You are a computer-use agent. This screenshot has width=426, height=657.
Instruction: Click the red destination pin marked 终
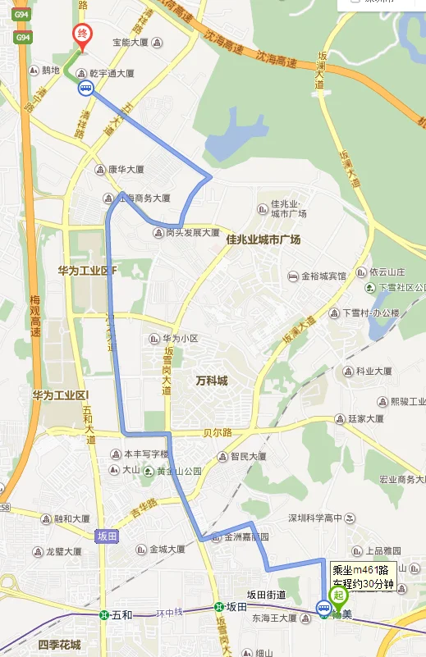[82, 35]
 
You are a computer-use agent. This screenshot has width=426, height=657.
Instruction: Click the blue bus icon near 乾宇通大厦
[85, 89]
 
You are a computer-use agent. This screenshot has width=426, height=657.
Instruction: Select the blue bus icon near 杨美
[322, 608]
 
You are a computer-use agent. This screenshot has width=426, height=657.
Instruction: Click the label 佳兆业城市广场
[263, 240]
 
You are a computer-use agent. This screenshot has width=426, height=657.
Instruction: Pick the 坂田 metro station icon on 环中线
[218, 607]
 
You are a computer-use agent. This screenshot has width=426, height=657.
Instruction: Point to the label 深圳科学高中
[314, 518]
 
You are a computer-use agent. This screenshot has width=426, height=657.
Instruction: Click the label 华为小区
[180, 338]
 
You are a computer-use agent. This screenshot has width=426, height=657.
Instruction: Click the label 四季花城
[60, 644]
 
